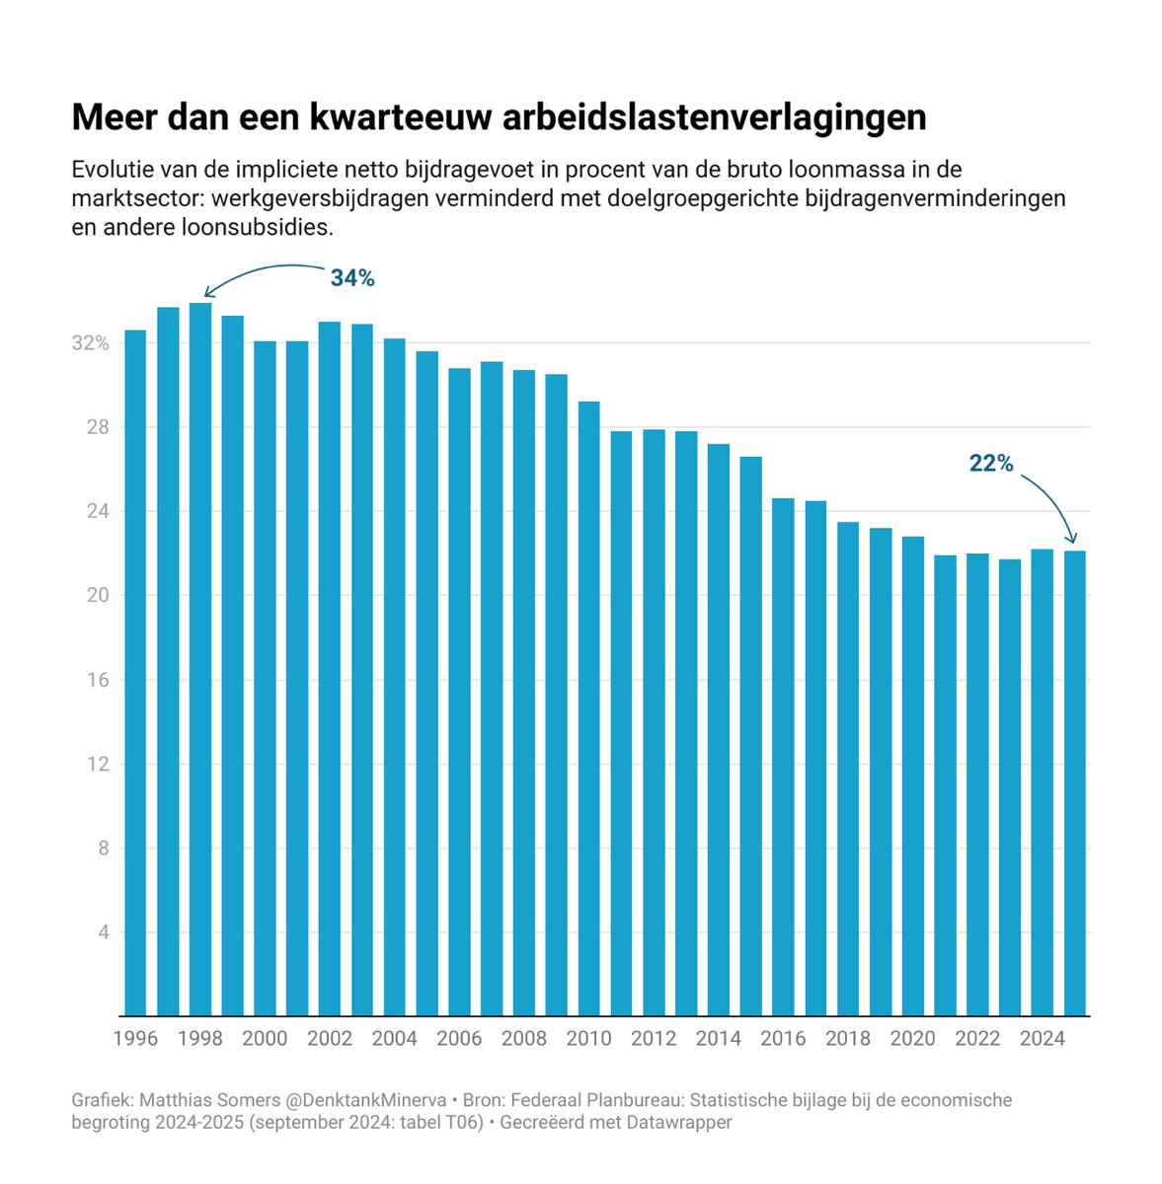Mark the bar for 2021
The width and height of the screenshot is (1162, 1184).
[945, 785]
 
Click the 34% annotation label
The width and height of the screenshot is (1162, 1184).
[352, 279]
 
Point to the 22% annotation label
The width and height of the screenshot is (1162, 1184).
[991, 463]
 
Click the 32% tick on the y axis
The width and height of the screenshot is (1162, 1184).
[90, 343]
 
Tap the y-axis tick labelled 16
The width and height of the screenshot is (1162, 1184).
[97, 680]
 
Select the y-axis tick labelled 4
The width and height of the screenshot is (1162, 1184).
[102, 932]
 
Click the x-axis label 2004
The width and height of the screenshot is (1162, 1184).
[395, 1039]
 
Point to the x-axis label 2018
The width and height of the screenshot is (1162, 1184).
[848, 1039]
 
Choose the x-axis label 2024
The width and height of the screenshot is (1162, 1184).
[1043, 1039]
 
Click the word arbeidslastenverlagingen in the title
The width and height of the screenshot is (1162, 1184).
[715, 117]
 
